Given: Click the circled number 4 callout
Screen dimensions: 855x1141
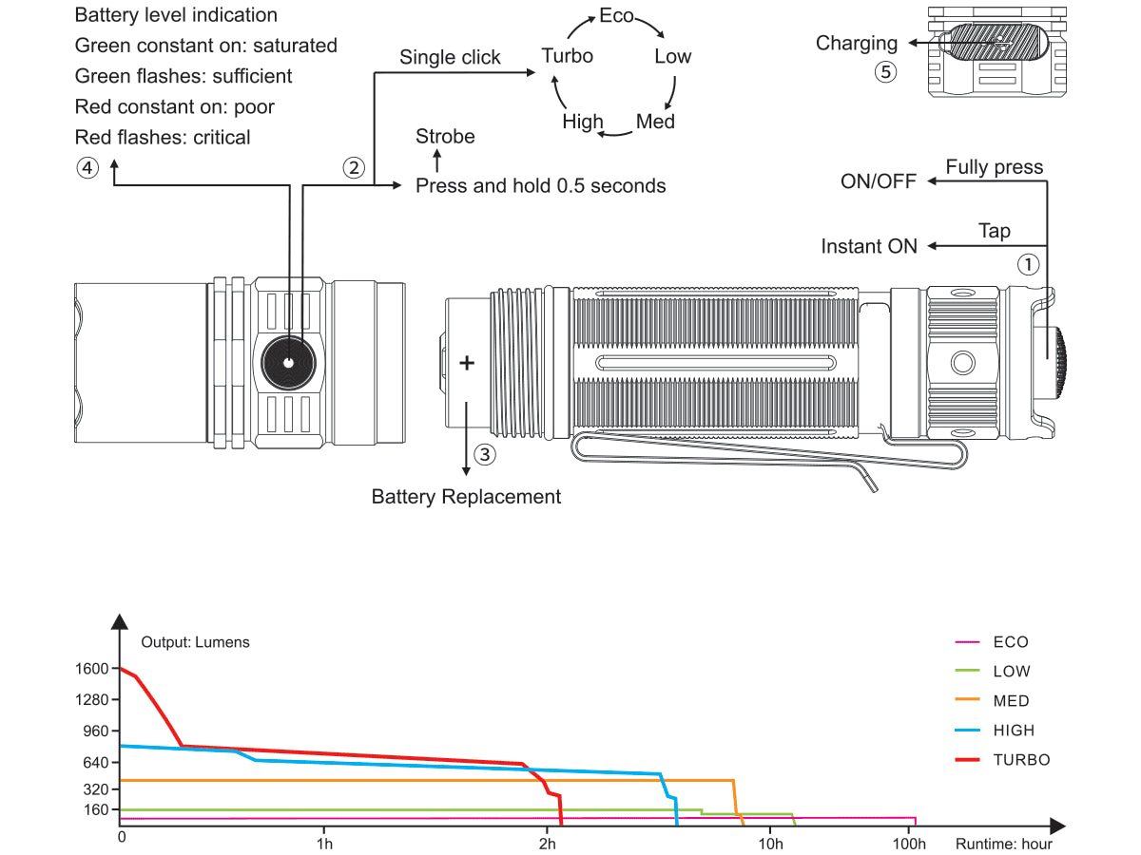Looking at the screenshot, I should (87, 168).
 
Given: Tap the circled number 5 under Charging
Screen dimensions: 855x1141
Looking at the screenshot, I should (885, 73).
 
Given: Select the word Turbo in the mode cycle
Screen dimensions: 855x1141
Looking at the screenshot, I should (567, 56).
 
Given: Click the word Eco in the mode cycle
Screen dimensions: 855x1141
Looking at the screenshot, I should (616, 16).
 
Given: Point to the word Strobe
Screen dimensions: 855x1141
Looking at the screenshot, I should (445, 137).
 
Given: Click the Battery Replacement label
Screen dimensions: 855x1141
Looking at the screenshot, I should (466, 497).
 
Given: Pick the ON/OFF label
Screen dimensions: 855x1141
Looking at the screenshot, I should (879, 181).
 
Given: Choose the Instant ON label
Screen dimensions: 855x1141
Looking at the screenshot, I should (869, 247).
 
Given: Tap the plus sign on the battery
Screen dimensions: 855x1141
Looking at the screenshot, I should (467, 363).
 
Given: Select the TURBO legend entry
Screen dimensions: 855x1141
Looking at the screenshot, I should (1021, 760).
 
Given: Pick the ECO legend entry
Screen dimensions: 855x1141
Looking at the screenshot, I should (1011, 642).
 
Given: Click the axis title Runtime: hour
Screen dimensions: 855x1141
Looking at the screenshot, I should (1004, 843).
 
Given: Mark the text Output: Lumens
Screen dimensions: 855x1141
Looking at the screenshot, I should (195, 642).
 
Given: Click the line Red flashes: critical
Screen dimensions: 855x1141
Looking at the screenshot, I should (163, 138).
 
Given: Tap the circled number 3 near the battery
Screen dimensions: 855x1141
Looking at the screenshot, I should (484, 454).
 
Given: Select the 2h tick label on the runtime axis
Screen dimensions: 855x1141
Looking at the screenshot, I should (547, 843).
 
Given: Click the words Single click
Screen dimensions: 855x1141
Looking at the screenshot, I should (450, 58).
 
